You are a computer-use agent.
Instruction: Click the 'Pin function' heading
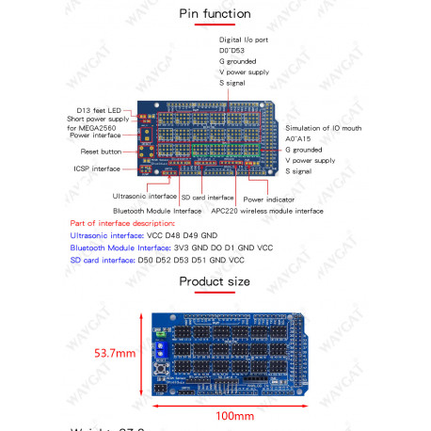click(x=215, y=14)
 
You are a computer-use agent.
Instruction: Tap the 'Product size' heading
click(x=215, y=280)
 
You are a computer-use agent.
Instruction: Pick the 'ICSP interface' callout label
click(x=98, y=169)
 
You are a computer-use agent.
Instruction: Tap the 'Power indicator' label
click(x=268, y=200)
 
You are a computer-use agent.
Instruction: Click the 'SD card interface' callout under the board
click(x=207, y=198)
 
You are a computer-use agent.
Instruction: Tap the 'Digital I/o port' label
click(x=244, y=40)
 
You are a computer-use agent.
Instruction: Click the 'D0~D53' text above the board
click(x=232, y=50)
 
